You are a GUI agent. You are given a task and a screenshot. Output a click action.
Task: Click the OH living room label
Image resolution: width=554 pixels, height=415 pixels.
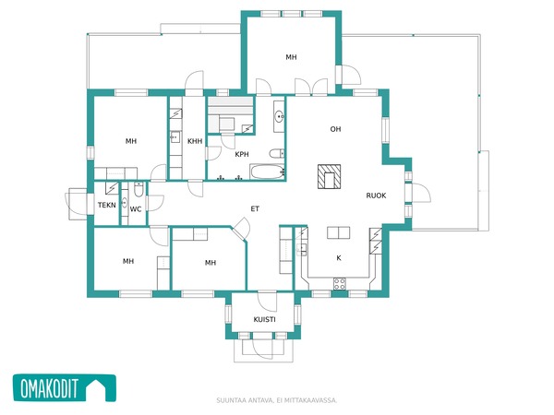tap(335, 129)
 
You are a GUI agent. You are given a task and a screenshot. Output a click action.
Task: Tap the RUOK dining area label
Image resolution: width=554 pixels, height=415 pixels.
tap(376, 196)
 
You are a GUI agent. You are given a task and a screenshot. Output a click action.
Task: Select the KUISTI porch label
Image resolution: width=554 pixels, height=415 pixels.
tap(264, 320)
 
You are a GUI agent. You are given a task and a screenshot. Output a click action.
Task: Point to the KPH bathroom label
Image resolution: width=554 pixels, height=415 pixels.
tap(242, 154)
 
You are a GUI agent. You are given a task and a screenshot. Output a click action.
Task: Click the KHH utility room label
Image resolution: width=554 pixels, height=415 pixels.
tap(195, 141)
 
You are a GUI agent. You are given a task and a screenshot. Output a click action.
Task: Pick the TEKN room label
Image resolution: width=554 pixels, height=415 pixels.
tap(107, 205)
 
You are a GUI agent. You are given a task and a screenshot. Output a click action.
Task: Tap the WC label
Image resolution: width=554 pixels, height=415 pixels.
tap(136, 209)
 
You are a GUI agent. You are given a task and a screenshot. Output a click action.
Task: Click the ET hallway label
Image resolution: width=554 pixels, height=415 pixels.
tap(255, 209)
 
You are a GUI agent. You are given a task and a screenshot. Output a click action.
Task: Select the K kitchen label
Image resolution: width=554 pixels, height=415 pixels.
tap(339, 258)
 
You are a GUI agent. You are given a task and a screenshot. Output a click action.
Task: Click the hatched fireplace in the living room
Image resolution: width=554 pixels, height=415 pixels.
tap(329, 176)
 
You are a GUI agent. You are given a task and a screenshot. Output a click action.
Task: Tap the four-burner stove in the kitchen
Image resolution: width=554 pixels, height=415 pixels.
tap(340, 284)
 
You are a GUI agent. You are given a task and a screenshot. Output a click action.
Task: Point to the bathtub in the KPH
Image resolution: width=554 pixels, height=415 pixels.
tap(267, 172)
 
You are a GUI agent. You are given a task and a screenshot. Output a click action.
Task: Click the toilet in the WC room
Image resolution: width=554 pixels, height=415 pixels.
tap(138, 189)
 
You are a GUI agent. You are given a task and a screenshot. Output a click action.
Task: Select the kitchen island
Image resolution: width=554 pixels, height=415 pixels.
tap(339, 233)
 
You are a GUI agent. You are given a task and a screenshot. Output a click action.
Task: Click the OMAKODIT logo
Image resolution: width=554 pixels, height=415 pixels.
tap(65, 388)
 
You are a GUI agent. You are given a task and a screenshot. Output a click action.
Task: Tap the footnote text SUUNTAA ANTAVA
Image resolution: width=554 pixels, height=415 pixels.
tap(245, 400)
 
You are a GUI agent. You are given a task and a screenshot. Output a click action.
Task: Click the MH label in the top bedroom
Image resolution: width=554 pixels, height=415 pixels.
tap(291, 57)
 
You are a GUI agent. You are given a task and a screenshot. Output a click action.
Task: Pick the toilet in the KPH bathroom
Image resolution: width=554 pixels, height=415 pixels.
tap(277, 154)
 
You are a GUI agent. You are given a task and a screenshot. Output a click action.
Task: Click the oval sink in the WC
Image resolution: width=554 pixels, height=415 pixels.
tap(125, 203)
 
